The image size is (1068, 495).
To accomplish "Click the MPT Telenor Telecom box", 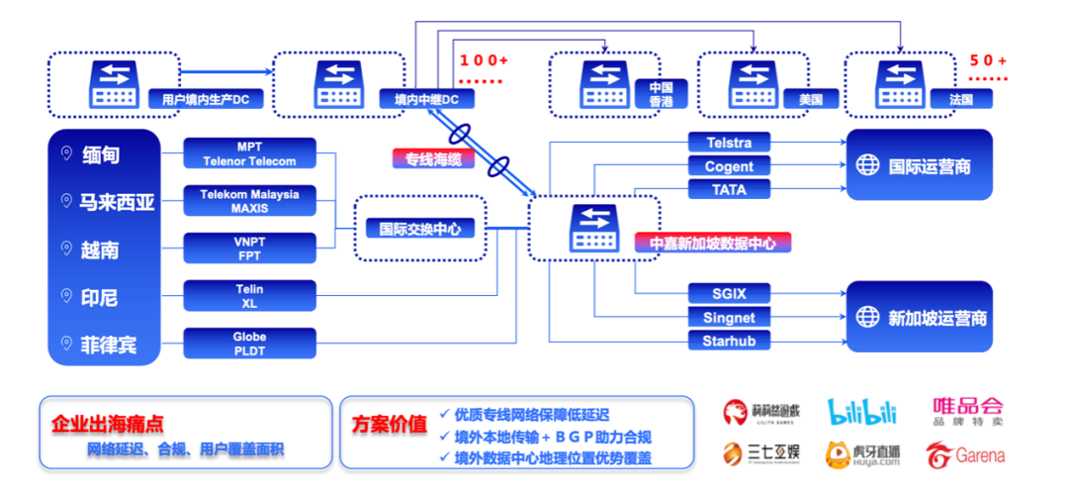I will point(249,153).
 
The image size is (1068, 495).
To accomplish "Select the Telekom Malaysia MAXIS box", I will point(249,201).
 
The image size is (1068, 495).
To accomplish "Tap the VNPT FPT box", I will point(249,247).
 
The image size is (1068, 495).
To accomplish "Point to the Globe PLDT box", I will point(249,343).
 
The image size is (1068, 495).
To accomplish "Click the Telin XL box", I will point(249,296).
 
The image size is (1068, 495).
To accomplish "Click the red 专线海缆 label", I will point(433,158).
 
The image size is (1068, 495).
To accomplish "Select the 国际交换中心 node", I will point(420,229).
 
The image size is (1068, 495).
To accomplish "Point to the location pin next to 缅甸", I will point(66,153).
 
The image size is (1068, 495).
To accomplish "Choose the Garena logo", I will point(964,454).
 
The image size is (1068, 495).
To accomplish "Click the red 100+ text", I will point(484,60).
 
